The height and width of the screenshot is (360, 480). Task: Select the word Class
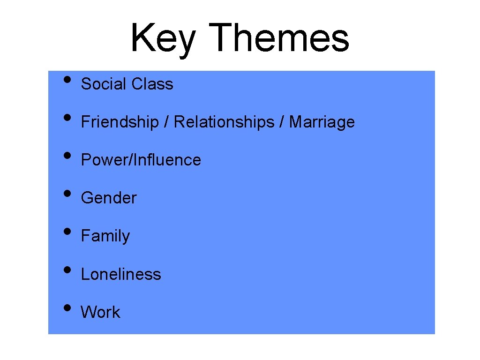[x=152, y=84]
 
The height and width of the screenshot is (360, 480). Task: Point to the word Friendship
[x=120, y=122]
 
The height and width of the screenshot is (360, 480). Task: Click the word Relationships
[x=224, y=122]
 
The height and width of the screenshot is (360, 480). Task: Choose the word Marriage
[x=322, y=122]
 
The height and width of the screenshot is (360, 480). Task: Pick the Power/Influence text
[x=141, y=160]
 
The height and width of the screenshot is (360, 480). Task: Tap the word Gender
[x=109, y=198]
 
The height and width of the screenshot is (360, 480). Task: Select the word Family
[x=105, y=236]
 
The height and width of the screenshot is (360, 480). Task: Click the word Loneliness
[x=121, y=274]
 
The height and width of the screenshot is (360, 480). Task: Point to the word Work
[x=100, y=312]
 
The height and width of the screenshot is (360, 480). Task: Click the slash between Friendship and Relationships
[x=166, y=122]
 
